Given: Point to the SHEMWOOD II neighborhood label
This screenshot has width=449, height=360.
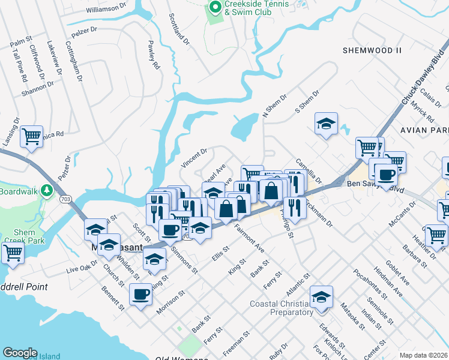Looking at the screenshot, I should pyautogui.click(x=371, y=51).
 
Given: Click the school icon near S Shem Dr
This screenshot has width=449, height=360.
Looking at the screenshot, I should pyautogui.click(x=326, y=124).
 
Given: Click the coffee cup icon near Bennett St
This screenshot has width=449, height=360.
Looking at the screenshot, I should pyautogui.click(x=140, y=294).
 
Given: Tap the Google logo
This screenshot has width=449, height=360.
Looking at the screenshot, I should pyautogui.click(x=20, y=353).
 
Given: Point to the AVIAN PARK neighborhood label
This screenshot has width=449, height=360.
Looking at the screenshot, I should pyautogui.click(x=426, y=130).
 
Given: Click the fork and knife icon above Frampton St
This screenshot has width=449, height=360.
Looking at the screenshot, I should pyautogui.click(x=295, y=208).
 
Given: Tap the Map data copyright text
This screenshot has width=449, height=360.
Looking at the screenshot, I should pyautogui.click(x=423, y=355).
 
